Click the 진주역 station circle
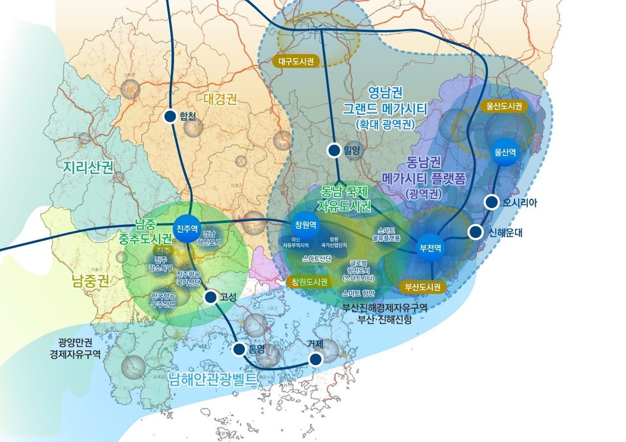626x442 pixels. point(187,228)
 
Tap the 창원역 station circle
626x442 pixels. point(305,225)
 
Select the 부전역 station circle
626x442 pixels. point(430,248)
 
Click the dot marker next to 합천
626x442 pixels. point(170,116)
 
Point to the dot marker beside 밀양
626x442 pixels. point(335,150)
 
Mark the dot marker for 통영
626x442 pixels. point(239,349)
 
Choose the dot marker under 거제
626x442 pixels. point(316,359)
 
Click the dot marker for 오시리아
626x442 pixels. point(492,202)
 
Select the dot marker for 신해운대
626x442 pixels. point(475,232)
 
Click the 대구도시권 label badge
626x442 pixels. point(296,62)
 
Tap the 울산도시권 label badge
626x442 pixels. point(505,105)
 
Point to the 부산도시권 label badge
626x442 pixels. point(423,287)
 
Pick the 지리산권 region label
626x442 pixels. point(89,167)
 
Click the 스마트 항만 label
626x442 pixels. point(358,293)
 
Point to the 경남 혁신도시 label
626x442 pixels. point(212,238)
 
